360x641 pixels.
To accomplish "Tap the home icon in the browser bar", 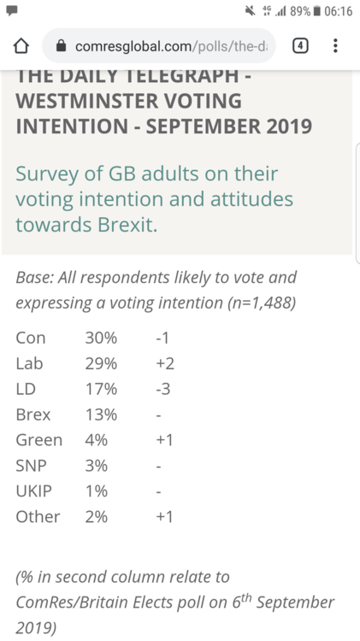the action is point(21,46).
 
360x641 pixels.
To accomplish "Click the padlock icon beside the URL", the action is point(61,46).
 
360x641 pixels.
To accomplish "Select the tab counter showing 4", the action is point(300,46).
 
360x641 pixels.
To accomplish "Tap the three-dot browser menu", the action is point(335,46).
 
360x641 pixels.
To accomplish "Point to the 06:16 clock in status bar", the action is point(338,11).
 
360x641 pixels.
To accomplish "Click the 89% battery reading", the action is point(300,11).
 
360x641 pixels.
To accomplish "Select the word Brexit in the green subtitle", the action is point(127,225).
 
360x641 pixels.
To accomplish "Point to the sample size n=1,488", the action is point(262,303).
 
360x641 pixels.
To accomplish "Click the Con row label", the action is point(31,338).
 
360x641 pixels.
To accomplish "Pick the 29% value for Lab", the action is point(101,363).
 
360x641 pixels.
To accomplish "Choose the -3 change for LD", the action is point(162,389).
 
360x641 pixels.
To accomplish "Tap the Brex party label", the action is point(33,415).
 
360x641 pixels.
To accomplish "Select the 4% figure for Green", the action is point(97,440).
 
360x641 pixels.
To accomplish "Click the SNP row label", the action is point(31,466).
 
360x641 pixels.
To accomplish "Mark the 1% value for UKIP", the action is point(97,491).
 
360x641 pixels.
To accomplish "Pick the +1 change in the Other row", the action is point(164,517).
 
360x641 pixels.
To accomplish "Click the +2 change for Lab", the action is point(165,363).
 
